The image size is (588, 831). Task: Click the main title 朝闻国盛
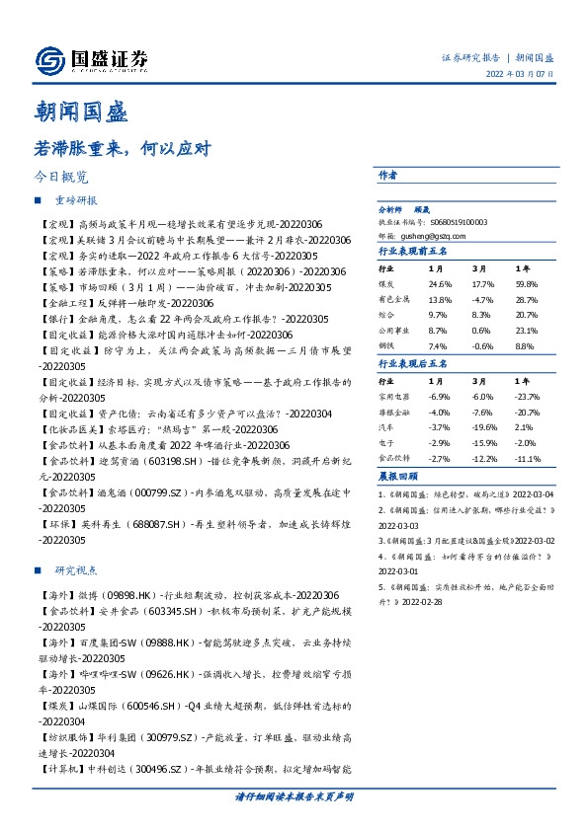pyautogui.click(x=83, y=111)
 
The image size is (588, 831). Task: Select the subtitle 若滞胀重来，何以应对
pyautogui.click(x=124, y=149)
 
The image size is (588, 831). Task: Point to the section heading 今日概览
pyautogui.click(x=61, y=178)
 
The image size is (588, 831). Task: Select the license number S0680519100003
pyautogui.click(x=456, y=223)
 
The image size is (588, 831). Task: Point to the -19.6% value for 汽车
pyautogui.click(x=484, y=427)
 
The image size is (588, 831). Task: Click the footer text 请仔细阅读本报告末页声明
pyautogui.click(x=294, y=795)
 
